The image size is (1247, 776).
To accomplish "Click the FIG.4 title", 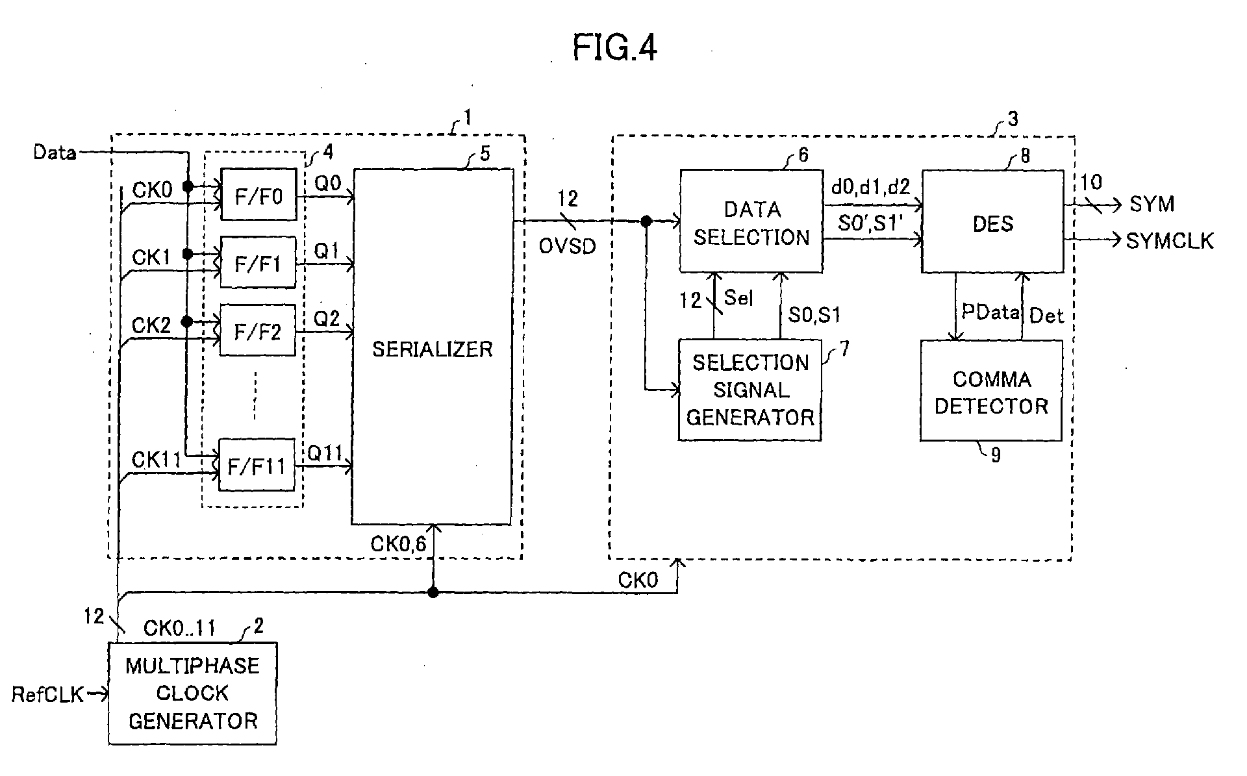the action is [614, 48].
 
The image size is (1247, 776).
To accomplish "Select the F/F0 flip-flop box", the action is [258, 195].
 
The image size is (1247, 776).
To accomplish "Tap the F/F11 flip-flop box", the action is [257, 465].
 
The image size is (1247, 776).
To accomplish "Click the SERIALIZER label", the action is [432, 349].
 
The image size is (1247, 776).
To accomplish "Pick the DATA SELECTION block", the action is [751, 221].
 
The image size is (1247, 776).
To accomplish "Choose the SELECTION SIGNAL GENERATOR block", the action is [750, 390].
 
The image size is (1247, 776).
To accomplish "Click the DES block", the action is [993, 221].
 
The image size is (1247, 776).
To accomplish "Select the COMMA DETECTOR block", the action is [991, 390].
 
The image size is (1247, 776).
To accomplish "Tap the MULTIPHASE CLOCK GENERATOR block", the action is [192, 694].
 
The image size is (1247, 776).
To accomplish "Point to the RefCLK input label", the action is [48, 695].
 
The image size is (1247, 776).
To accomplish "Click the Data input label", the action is [55, 153].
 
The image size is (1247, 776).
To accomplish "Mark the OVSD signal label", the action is [568, 247].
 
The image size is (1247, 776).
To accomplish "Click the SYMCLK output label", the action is [1170, 241].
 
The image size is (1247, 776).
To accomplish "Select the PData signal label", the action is [990, 312].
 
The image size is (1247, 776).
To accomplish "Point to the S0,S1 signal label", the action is [814, 316].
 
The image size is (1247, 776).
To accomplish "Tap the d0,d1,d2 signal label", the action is [870, 188].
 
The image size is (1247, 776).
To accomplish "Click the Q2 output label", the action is [327, 319].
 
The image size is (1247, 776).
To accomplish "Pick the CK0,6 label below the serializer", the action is [398, 544].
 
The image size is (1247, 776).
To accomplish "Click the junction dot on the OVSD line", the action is [646, 221].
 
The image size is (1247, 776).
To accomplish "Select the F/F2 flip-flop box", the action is [258, 331].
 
